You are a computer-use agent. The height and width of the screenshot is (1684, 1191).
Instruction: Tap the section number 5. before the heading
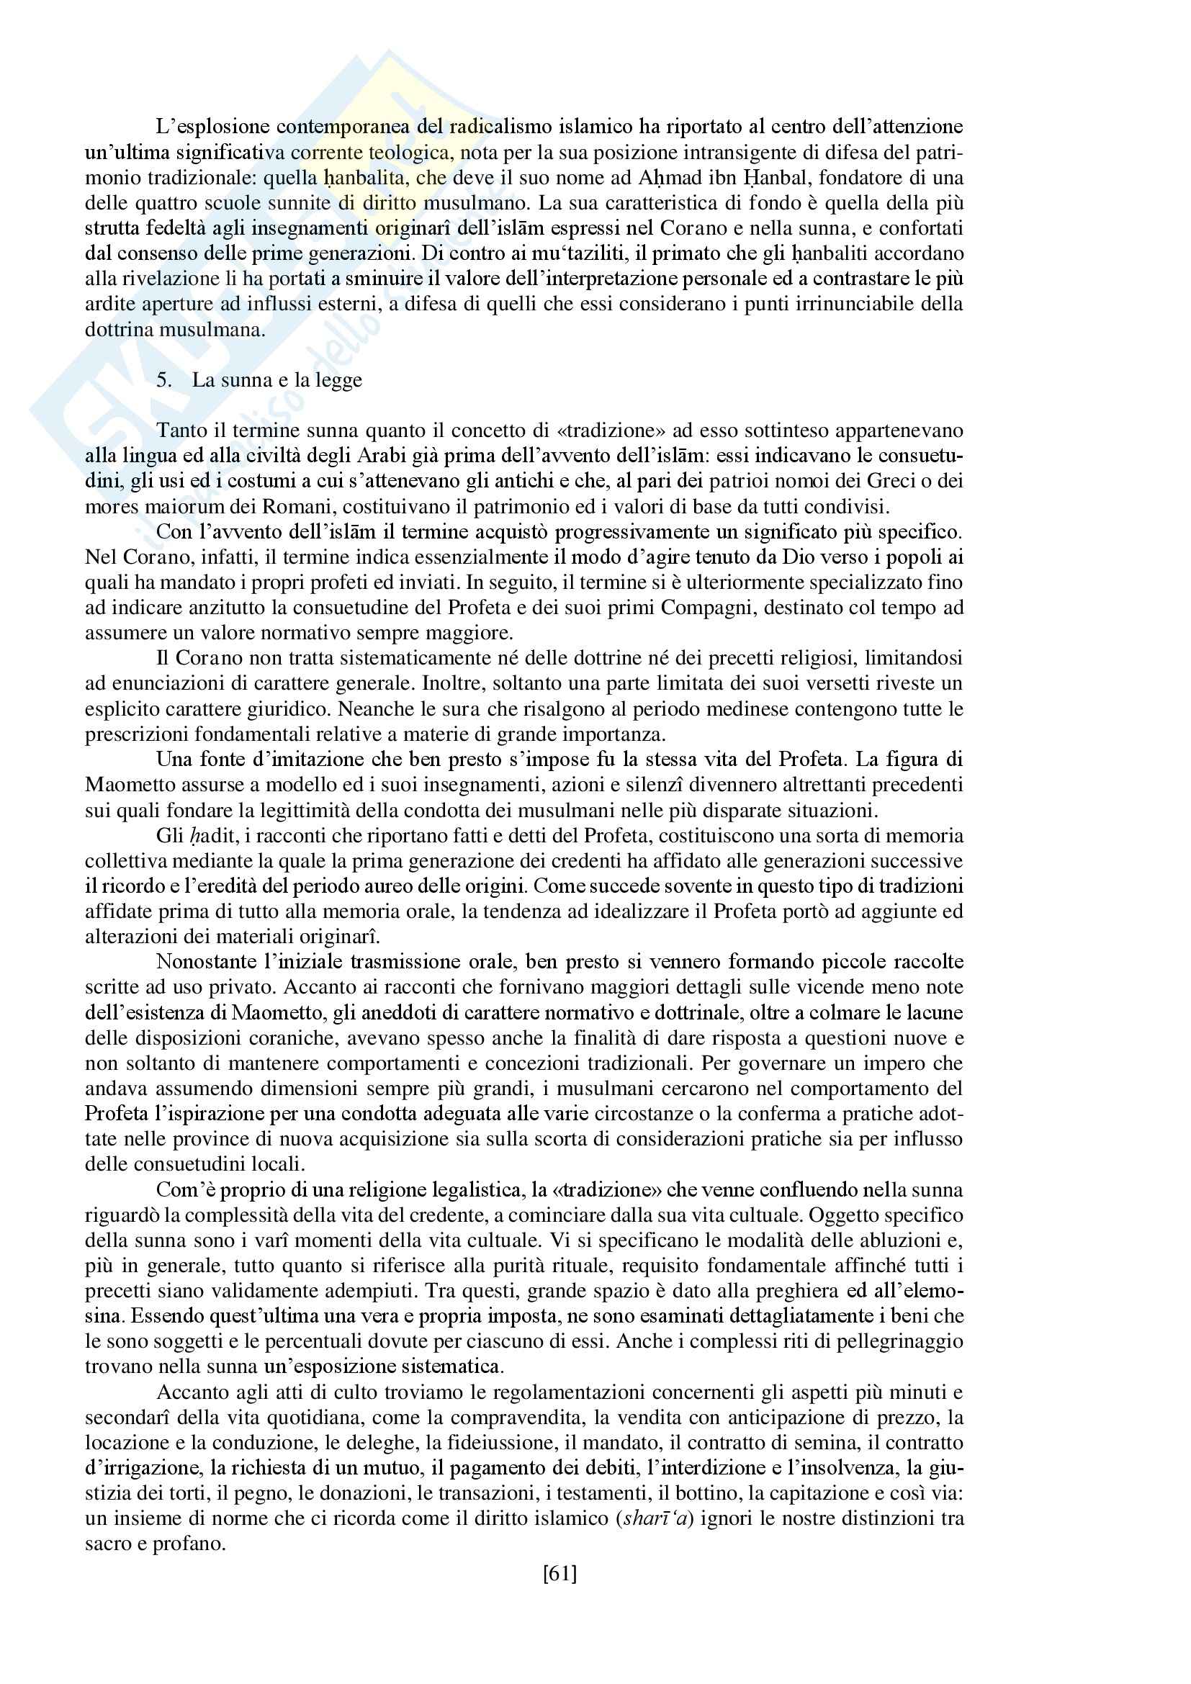[x=163, y=380]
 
